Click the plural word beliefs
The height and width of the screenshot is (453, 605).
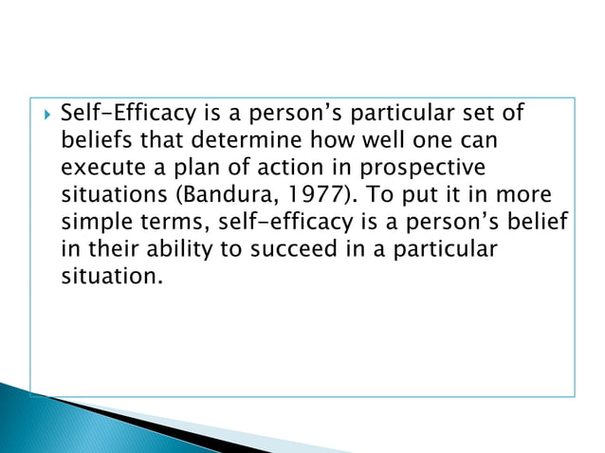94,142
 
